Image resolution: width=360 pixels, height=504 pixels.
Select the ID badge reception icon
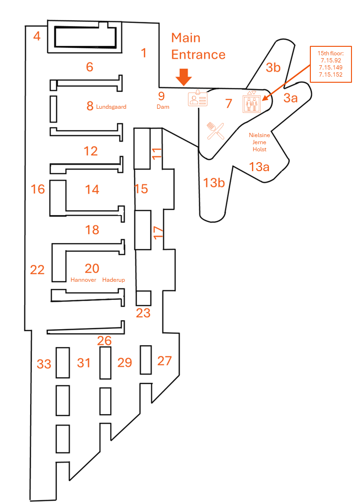(x=198, y=98)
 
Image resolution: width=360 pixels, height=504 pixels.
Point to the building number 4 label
(x=37, y=36)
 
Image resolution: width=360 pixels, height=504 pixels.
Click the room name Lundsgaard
(x=111, y=107)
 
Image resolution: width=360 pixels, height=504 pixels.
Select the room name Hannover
(x=83, y=280)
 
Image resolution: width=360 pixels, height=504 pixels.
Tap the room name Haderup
(x=114, y=280)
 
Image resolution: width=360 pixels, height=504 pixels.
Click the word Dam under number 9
(x=163, y=107)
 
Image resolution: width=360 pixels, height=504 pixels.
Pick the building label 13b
(x=214, y=182)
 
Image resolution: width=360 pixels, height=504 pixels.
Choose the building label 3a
(x=290, y=98)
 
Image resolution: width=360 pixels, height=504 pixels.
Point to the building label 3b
(x=273, y=67)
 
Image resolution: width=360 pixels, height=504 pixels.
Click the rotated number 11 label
(x=157, y=152)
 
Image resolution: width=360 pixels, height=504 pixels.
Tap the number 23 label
(x=143, y=313)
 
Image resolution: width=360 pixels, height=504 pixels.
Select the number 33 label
(x=44, y=364)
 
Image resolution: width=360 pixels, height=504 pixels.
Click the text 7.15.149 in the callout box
(x=330, y=68)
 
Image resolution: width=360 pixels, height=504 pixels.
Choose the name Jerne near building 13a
(x=259, y=142)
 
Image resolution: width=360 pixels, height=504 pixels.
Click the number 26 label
(x=104, y=340)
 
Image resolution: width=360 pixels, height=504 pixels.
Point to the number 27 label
(x=164, y=361)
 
